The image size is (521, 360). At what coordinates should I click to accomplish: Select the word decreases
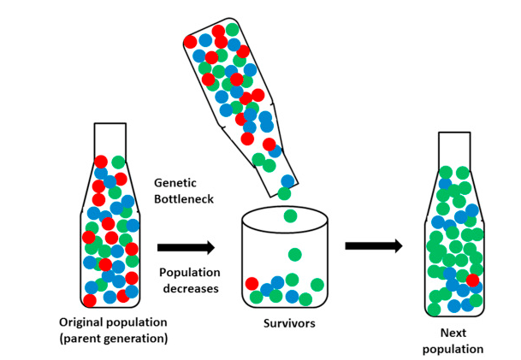point(189,289)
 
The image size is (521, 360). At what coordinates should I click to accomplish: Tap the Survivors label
point(287,324)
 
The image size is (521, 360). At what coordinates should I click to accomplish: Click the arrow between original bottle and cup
point(186,247)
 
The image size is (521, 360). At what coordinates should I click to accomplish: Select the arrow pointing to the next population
point(374,246)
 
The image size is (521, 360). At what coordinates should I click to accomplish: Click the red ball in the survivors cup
point(252,284)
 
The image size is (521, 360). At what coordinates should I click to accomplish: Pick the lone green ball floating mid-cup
point(295,254)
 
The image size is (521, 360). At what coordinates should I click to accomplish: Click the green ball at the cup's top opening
point(290,215)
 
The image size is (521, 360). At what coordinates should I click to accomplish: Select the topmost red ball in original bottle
point(101,161)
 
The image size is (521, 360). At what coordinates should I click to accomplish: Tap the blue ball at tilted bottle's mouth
point(287,180)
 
